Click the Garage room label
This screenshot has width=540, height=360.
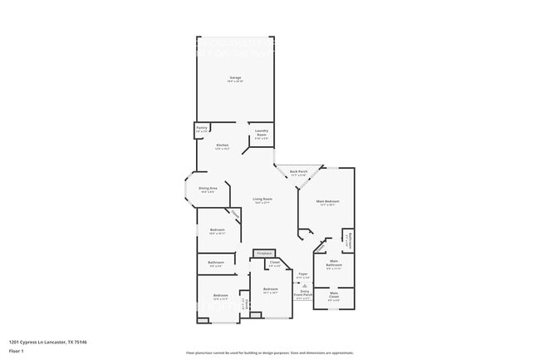[236, 78]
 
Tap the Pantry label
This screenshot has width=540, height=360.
[202, 129]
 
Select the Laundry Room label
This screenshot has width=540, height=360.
[261, 133]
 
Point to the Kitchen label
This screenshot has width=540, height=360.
[223, 145]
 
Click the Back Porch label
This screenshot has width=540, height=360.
[298, 172]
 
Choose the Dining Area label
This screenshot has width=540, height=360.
[208, 189]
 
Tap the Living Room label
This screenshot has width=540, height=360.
[263, 200]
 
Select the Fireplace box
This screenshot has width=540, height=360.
[264, 253]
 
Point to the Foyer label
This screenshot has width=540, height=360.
[304, 274]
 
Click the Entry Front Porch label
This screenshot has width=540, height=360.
[306, 293]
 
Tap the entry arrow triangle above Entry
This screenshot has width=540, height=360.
[306, 284]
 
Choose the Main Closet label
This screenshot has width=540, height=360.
[334, 294]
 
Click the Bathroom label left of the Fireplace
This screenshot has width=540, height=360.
[215, 264]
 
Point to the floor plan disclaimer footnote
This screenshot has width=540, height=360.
[270, 353]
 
